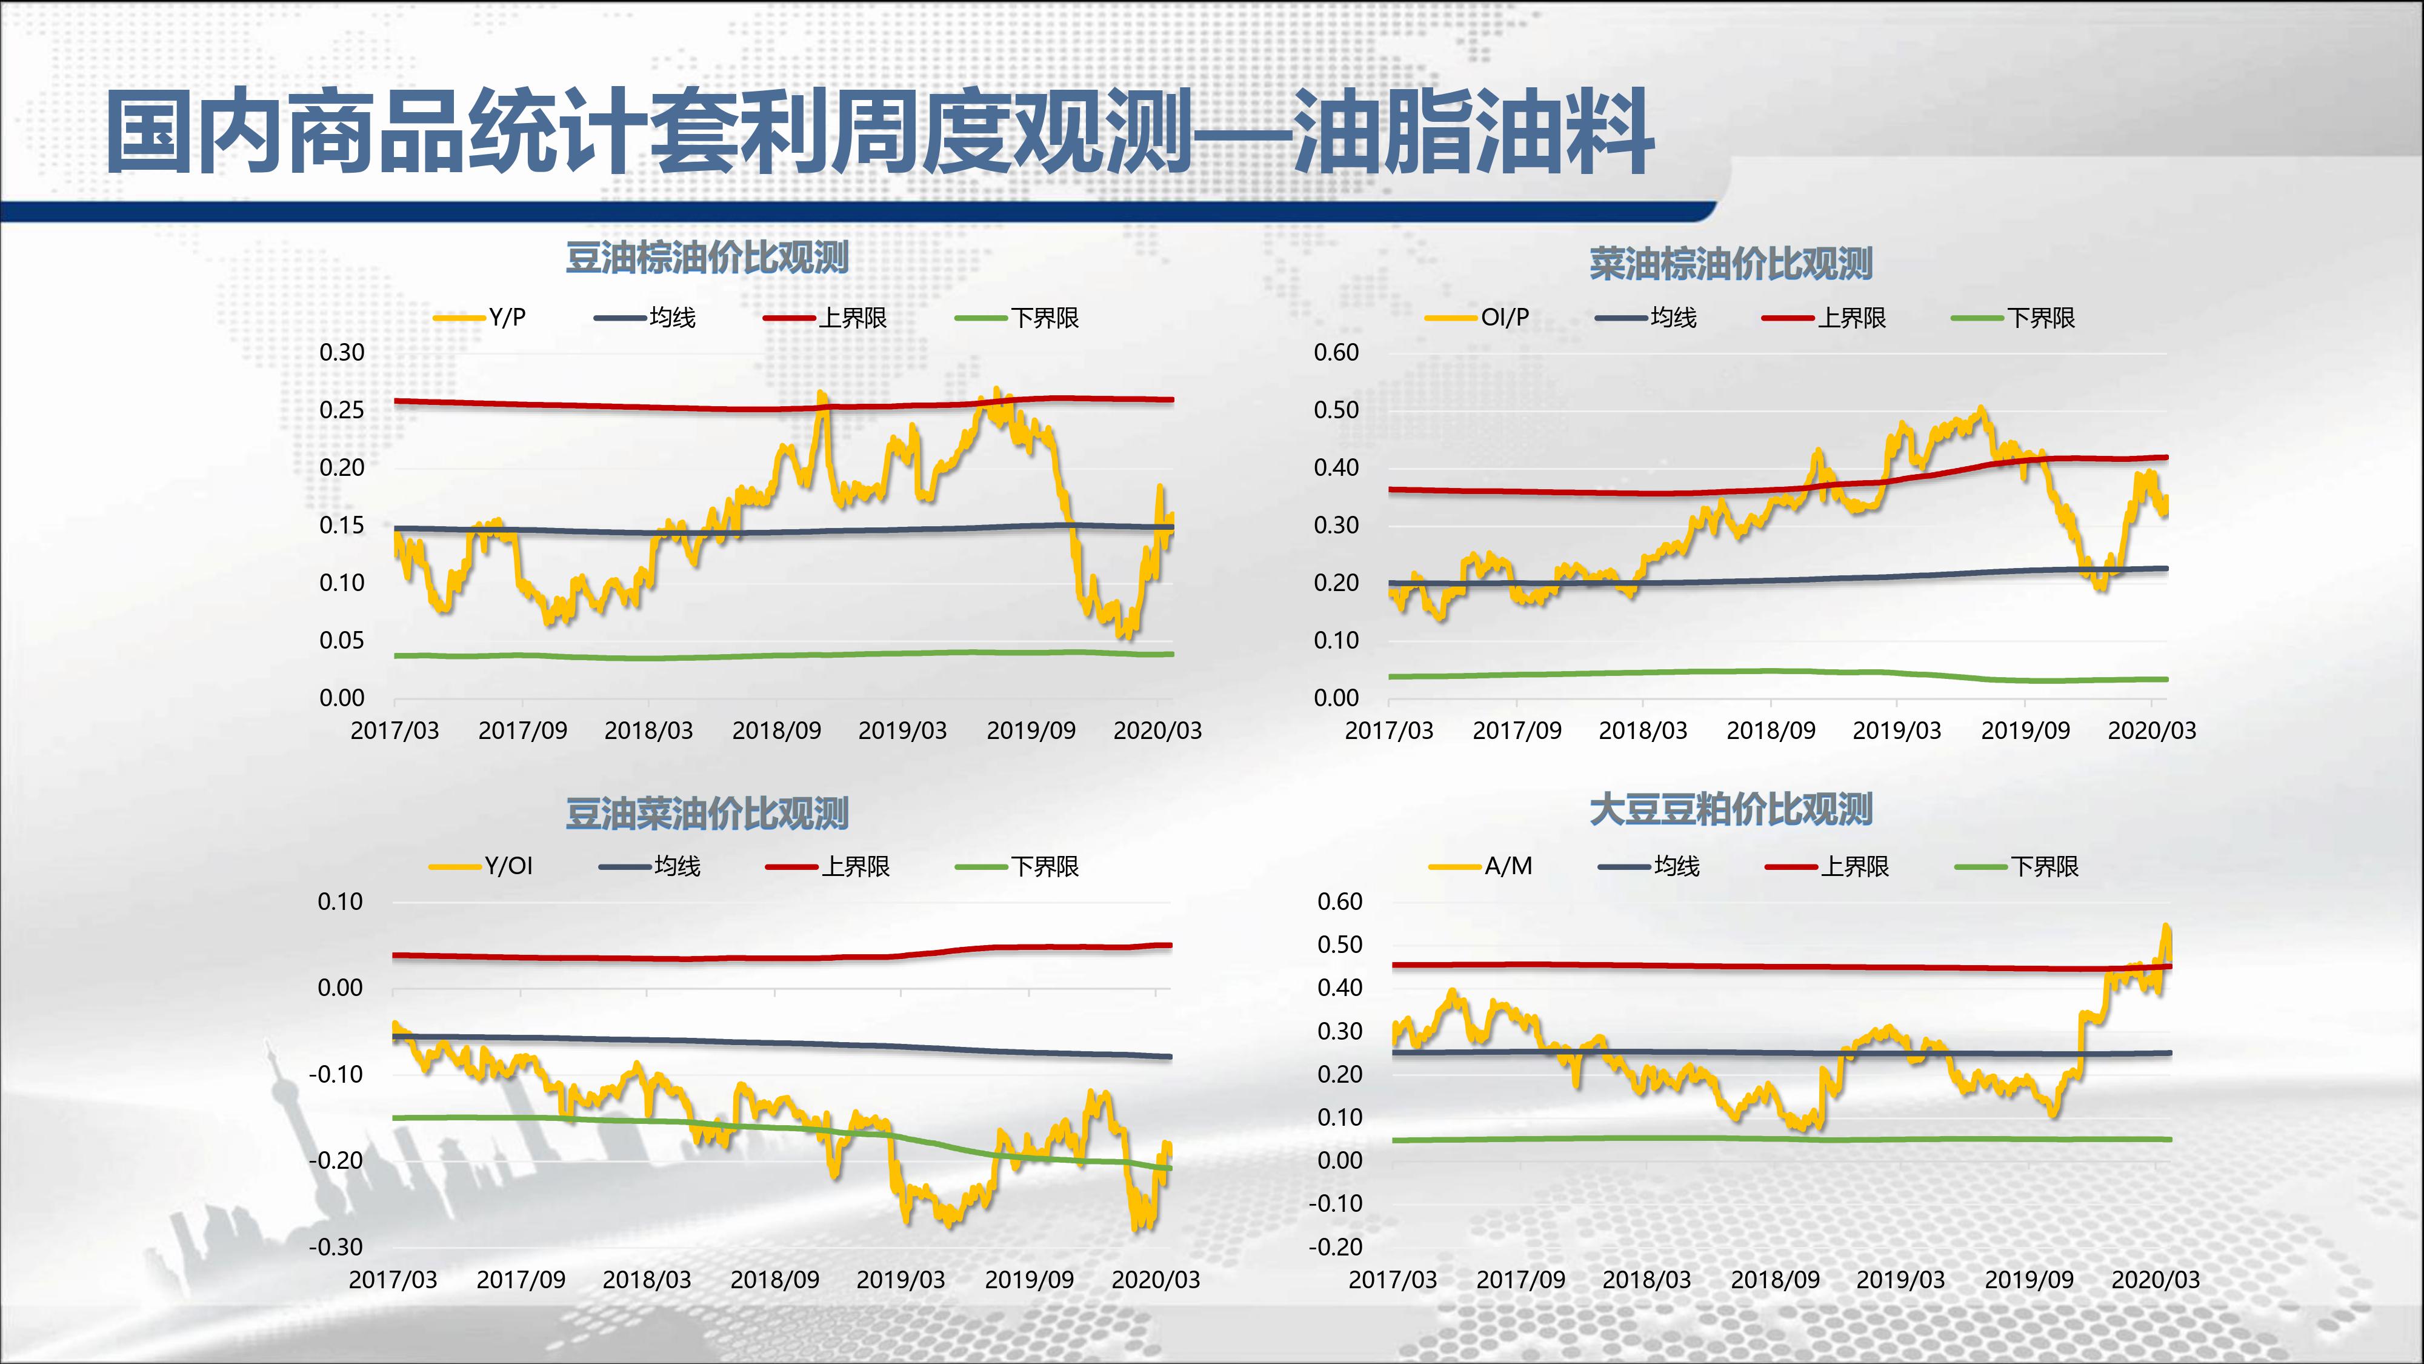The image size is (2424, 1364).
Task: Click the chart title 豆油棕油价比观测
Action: point(707,258)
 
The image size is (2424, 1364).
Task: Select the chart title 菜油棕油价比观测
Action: point(1731,264)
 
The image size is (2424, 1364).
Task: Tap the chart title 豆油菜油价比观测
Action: point(707,814)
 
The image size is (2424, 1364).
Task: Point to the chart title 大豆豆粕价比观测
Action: point(1731,809)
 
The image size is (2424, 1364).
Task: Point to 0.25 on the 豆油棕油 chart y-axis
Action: point(342,410)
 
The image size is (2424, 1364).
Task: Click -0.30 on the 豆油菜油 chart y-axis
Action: point(336,1247)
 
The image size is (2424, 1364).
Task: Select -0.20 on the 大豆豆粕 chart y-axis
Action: point(1334,1247)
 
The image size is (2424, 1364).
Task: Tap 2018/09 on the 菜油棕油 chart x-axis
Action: point(1770,730)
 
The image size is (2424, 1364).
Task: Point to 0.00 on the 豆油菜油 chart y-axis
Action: point(340,988)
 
